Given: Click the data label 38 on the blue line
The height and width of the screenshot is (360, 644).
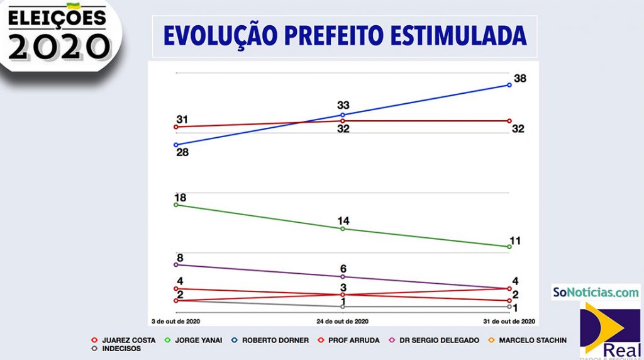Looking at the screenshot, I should click(x=519, y=79).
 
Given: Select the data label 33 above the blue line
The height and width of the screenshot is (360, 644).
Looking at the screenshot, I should click(x=343, y=105).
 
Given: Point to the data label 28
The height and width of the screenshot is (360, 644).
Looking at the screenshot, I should click(x=182, y=152).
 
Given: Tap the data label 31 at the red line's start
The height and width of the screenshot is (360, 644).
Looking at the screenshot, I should click(x=182, y=120).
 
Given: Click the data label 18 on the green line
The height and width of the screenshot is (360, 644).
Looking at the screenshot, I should click(x=180, y=198).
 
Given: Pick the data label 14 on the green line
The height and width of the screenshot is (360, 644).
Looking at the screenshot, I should click(x=343, y=221).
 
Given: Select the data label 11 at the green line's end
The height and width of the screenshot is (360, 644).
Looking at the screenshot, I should click(x=516, y=240).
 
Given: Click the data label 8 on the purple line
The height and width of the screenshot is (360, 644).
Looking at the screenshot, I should click(x=180, y=257).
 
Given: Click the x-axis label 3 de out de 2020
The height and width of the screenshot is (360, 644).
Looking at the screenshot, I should click(x=175, y=321).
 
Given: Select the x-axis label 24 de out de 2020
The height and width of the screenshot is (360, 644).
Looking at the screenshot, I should click(x=342, y=321).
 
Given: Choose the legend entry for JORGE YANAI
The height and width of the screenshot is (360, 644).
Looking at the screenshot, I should click(x=196, y=340).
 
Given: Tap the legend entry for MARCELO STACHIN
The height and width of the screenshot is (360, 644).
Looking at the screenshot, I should click(x=532, y=340).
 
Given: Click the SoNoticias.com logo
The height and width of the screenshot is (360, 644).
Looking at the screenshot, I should click(x=595, y=292).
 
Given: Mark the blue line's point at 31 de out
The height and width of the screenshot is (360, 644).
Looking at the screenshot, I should click(x=509, y=84).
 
